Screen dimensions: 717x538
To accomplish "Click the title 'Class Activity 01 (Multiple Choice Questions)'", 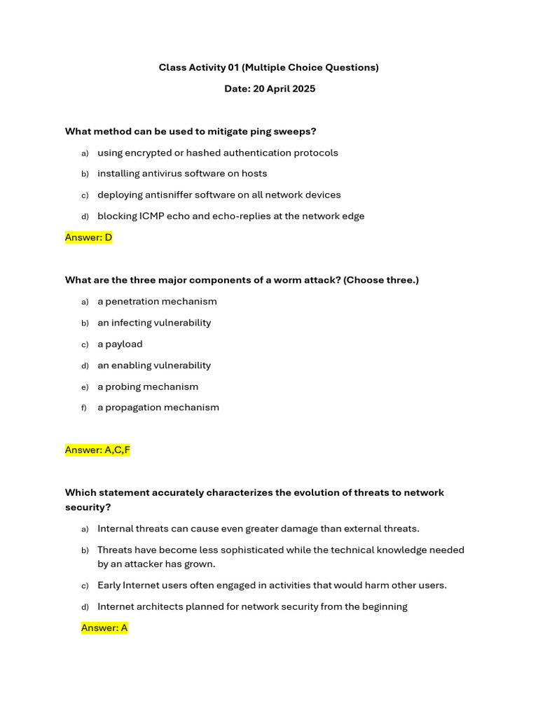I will [268, 67].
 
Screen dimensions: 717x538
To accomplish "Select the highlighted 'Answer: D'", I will [88, 237].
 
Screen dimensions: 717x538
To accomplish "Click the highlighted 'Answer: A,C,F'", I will [97, 450].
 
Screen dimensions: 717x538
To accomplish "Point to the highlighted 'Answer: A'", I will [104, 627].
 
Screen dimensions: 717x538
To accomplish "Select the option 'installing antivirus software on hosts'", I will [182, 174].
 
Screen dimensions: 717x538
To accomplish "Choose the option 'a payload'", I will [120, 344].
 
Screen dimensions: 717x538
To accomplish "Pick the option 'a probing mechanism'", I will [148, 387].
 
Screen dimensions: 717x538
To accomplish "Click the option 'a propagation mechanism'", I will [158, 408].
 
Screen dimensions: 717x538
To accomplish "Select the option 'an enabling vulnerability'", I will [154, 366].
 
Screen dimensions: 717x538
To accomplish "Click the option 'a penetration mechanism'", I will [157, 302].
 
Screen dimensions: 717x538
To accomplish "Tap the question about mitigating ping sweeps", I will [191, 131].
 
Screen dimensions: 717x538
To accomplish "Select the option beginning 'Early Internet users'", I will [272, 585].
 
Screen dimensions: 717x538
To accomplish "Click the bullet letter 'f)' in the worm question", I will [84, 408].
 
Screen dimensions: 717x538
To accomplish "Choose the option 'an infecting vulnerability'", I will [154, 323].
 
